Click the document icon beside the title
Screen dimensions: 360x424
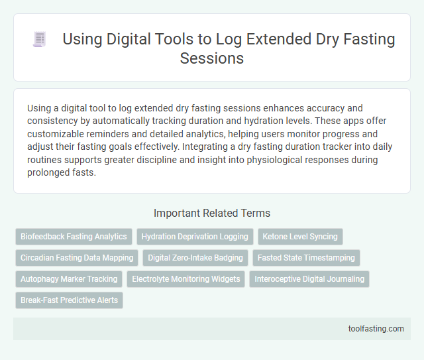click(x=39, y=40)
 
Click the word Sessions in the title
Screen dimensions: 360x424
click(x=211, y=58)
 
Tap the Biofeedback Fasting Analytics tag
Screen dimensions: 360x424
click(x=74, y=236)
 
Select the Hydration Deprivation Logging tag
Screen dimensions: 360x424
click(x=194, y=236)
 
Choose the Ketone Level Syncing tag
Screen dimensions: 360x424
click(x=299, y=236)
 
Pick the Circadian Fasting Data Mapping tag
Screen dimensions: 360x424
click(x=77, y=257)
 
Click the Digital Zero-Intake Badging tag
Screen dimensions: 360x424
click(x=196, y=257)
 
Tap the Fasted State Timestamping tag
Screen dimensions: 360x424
click(x=307, y=257)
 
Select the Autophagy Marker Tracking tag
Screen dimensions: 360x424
click(x=69, y=278)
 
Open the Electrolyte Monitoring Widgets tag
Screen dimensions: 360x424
click(x=186, y=278)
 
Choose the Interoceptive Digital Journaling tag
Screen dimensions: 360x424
click(x=309, y=278)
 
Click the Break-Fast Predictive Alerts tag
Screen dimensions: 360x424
click(x=69, y=300)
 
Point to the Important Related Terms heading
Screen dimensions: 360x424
click(x=211, y=213)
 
